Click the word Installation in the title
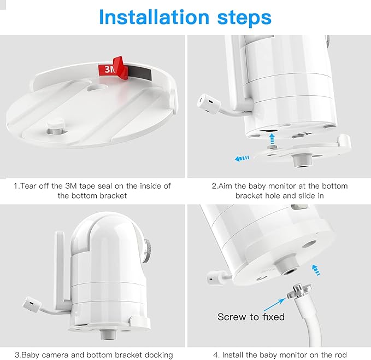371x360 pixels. coord(154,17)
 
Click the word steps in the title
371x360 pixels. coord(244,18)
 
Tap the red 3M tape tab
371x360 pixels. coord(113,68)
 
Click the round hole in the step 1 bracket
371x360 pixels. coord(97,88)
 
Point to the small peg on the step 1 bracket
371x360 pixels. coord(55,127)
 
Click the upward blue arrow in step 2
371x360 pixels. coord(272,138)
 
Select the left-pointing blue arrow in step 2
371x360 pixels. coord(242,158)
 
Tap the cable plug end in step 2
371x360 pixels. coord(209,104)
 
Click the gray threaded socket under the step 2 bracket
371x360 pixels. coord(302,160)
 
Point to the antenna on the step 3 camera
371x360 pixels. coord(60,268)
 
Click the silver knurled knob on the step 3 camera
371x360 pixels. coord(148,251)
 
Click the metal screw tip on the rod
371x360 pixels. coord(299,292)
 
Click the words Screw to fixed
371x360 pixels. coord(251,317)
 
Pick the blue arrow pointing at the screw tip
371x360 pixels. coord(274,305)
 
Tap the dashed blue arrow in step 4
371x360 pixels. coord(316,270)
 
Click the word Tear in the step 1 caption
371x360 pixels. coord(28,186)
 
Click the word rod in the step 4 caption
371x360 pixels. coord(340,355)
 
